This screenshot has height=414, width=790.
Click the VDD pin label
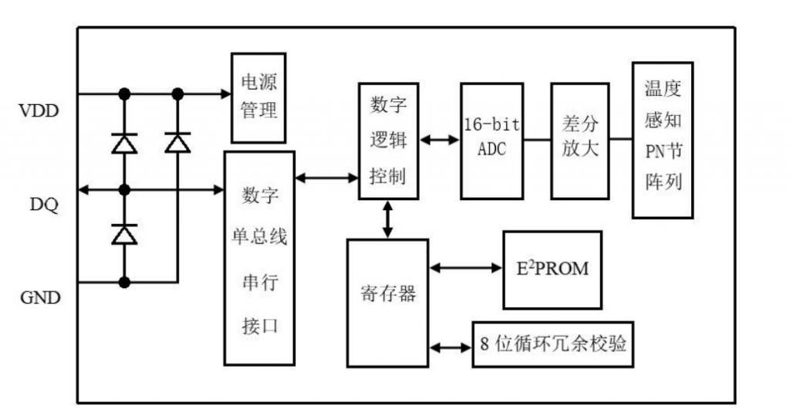click(x=38, y=110)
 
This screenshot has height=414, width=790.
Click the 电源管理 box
click(x=258, y=97)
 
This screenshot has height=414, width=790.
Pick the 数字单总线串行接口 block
click(x=259, y=258)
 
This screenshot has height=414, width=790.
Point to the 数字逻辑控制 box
click(x=389, y=141)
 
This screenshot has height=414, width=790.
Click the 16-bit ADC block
click(x=491, y=139)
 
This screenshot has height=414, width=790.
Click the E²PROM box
click(x=552, y=269)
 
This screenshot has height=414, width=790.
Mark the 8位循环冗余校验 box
click(x=552, y=344)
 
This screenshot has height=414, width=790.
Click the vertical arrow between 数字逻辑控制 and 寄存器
click(x=388, y=219)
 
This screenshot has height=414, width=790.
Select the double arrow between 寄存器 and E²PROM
click(x=466, y=268)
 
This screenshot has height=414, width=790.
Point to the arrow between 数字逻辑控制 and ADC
click(x=440, y=141)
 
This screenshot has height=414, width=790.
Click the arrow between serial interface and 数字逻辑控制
click(x=326, y=178)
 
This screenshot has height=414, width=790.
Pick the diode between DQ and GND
click(x=123, y=233)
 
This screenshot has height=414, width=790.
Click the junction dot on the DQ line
click(x=123, y=188)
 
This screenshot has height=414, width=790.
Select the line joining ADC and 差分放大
click(x=537, y=141)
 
